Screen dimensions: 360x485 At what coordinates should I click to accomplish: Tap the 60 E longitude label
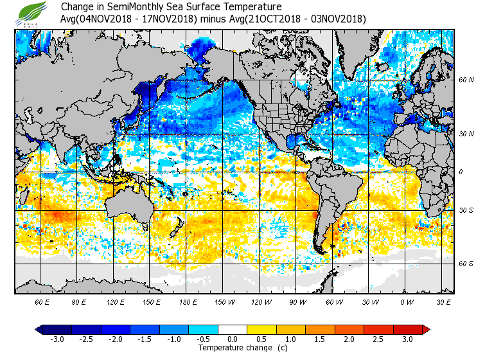pos(42,301)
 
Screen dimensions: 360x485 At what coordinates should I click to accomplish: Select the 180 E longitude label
pos(188,301)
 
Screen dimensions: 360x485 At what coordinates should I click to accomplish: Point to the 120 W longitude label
pos(260,301)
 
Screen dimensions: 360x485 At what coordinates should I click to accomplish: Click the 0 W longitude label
pos(406,301)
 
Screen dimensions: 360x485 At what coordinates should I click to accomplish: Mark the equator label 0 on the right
pos(461,172)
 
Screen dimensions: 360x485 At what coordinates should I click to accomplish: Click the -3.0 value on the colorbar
pos(57,339)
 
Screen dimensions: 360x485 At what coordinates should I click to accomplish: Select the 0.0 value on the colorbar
pos(233,339)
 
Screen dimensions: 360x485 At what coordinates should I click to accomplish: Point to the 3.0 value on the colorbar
pos(408,339)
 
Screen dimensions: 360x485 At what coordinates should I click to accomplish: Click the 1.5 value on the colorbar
pos(320,339)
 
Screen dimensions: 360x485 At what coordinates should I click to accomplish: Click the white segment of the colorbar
pos(233,330)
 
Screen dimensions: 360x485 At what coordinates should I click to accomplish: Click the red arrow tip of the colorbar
pos(426,330)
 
